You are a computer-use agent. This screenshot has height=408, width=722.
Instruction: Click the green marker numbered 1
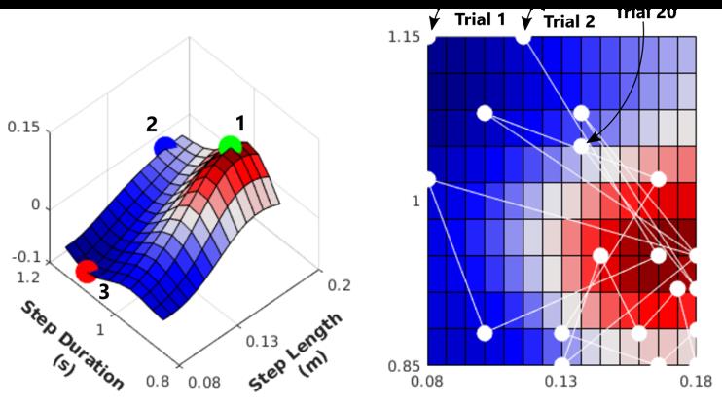(230, 146)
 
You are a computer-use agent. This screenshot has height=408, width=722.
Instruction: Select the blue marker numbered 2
(165, 146)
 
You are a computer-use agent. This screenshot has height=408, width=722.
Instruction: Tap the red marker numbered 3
(87, 272)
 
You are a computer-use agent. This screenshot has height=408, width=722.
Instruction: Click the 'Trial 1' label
(481, 19)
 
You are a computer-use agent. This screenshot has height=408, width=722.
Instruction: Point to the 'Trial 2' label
(569, 19)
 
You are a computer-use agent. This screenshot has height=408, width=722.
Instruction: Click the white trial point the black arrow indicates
(581, 146)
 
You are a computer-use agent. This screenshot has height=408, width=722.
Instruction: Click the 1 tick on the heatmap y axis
(415, 201)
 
